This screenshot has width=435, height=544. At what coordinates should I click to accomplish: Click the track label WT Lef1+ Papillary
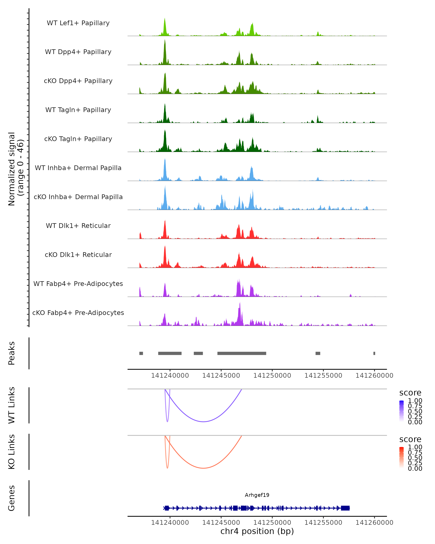tap(78, 23)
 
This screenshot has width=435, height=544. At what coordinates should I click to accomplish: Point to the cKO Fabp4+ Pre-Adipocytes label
tap(78, 313)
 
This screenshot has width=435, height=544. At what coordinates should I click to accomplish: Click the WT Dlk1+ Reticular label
tap(78, 226)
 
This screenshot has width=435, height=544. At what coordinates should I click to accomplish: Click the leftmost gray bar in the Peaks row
tap(141, 353)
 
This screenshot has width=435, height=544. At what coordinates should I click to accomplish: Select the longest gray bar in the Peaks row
tap(242, 353)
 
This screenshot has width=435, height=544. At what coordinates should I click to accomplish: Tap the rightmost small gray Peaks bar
tap(374, 353)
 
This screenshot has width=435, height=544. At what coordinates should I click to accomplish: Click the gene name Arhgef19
tap(257, 495)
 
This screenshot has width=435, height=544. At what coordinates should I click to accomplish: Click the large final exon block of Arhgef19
tap(345, 508)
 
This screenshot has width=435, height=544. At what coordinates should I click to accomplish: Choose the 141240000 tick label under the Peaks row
tap(170, 376)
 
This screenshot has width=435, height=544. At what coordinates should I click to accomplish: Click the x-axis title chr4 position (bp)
tap(257, 531)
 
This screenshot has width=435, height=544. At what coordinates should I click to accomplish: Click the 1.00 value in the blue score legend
tap(415, 401)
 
